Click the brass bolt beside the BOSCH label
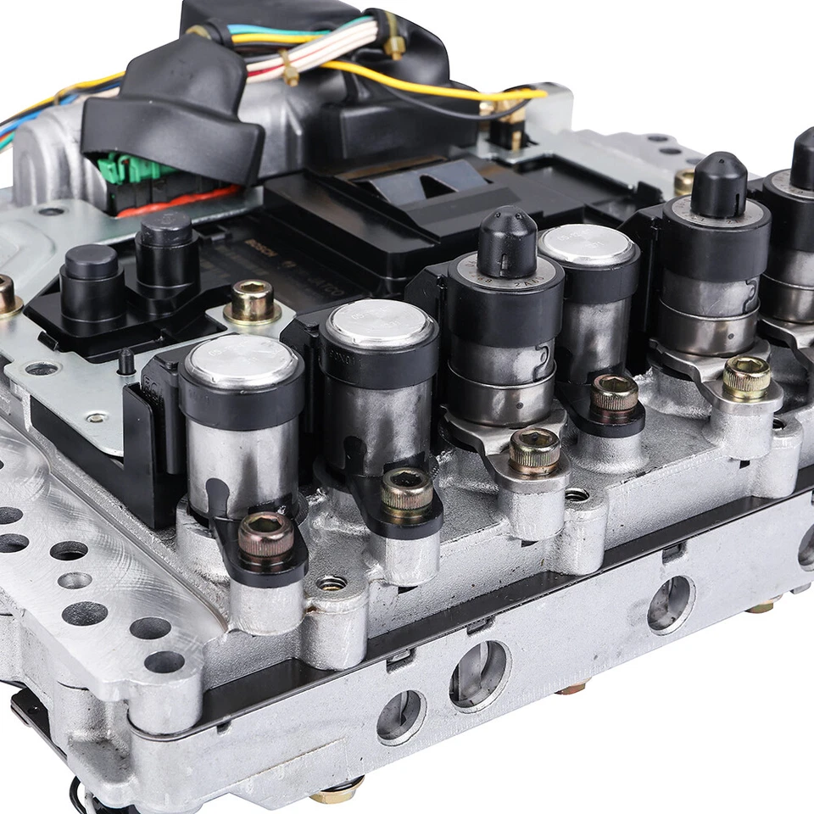click(x=252, y=300)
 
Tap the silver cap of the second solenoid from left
click(x=379, y=323)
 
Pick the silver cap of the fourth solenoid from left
click(x=588, y=244)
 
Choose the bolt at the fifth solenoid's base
click(x=746, y=377)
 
